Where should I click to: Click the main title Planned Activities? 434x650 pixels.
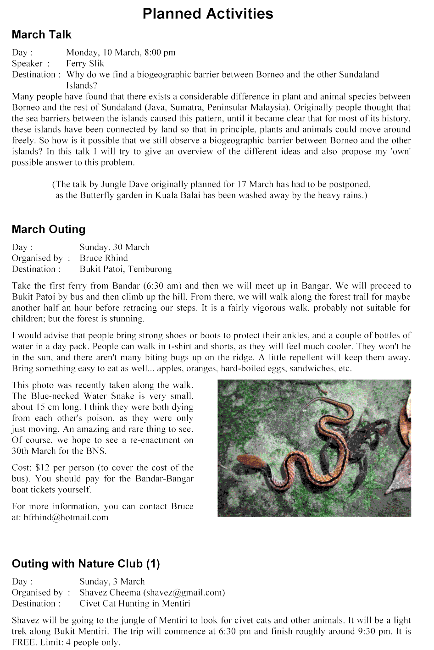[207, 14]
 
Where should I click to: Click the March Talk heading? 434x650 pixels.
[42, 35]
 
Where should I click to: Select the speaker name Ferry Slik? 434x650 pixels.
[85, 64]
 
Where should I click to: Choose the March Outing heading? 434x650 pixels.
[49, 229]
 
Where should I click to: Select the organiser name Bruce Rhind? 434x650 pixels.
[104, 258]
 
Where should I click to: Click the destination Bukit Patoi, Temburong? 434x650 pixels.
[126, 269]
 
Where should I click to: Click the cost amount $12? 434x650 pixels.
[43, 468]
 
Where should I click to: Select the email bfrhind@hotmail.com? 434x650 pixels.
[66, 518]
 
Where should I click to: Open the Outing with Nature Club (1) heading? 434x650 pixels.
[86, 564]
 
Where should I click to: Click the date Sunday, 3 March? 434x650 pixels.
[112, 582]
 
